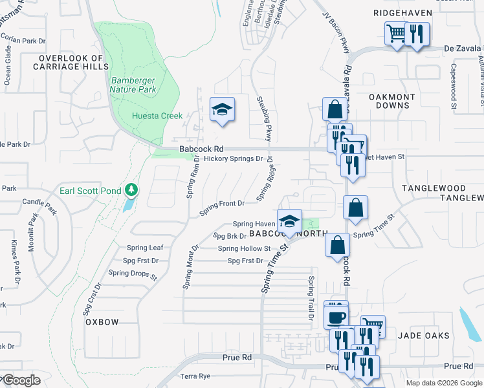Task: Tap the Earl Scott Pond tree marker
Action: click(132, 189)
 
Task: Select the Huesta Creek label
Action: click(155, 116)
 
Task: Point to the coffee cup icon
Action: click(336, 317)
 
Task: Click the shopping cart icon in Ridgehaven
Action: click(395, 33)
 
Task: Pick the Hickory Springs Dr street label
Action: click(233, 158)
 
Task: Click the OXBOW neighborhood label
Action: click(102, 321)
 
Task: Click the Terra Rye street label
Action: click(196, 376)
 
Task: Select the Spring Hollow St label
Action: click(244, 248)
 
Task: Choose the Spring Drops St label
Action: click(133, 274)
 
